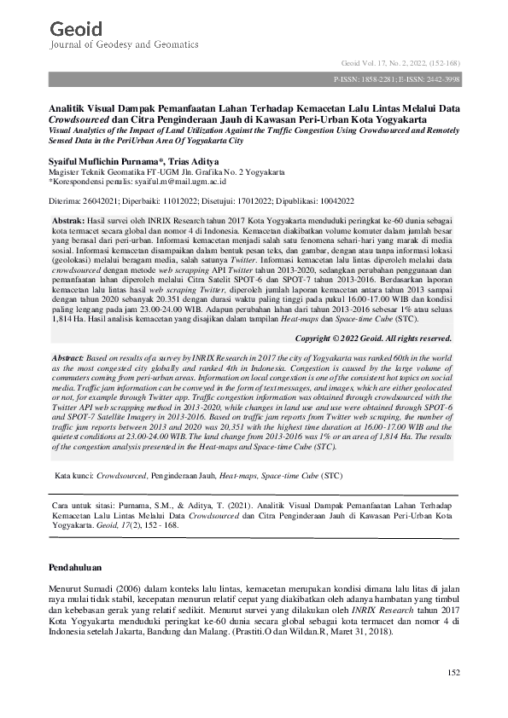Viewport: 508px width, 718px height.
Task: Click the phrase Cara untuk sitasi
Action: (x=75, y=505)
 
